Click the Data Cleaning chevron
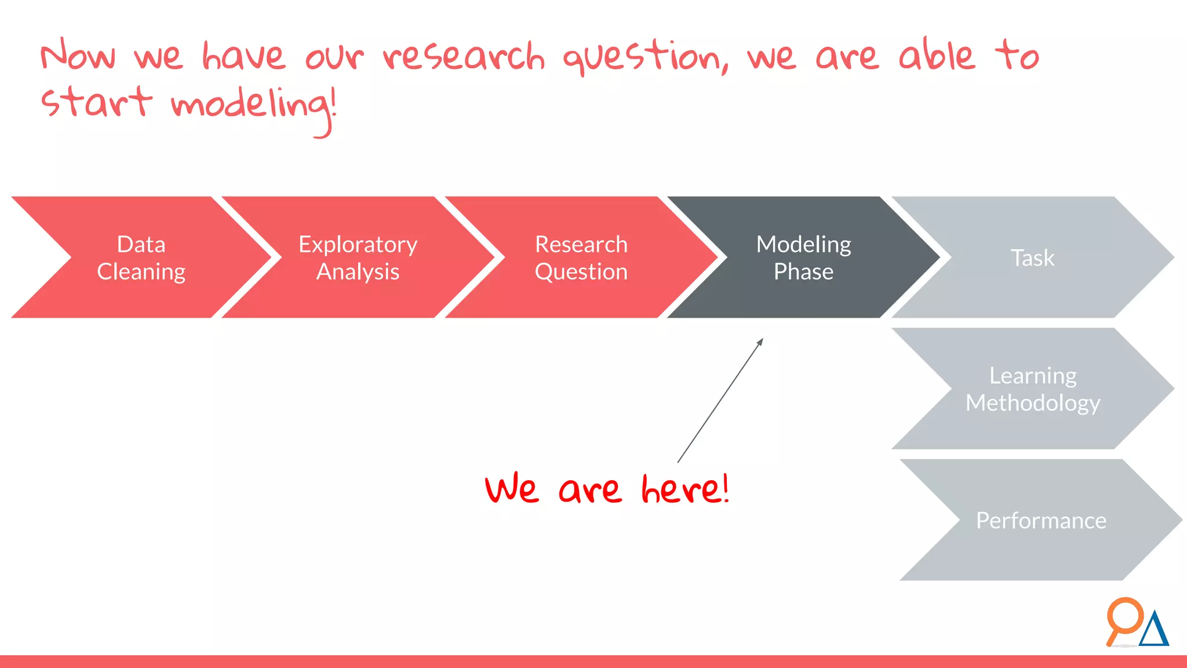pos(141,257)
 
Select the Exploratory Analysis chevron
pos(358,257)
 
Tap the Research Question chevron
pos(581,257)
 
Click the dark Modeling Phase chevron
pos(803,257)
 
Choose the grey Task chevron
pos(1032,257)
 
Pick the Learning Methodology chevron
pos(1032,389)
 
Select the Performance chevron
pos(1041,520)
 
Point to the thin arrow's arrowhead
pos(760,342)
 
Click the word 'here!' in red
pos(685,489)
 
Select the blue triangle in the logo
pos(1154,630)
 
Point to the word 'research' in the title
pos(464,57)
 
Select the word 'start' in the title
pos(96,102)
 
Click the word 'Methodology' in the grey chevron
pos(1032,403)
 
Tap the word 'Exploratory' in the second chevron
pos(358,245)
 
